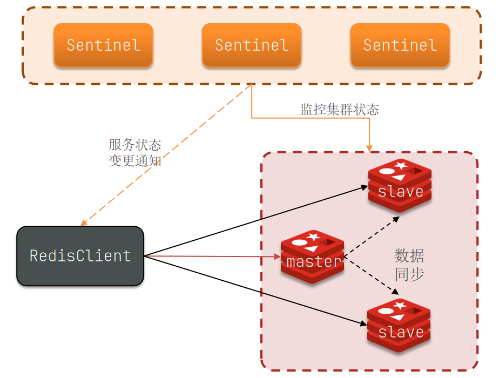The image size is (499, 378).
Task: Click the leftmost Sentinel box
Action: (104, 45)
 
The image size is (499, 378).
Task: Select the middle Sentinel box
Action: (252, 45)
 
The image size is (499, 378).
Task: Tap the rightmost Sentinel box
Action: (400, 45)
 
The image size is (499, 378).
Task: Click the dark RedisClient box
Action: (80, 256)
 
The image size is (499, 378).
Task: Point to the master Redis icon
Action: (313, 256)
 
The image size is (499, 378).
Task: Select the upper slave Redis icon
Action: (400, 185)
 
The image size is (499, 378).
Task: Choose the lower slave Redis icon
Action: (399, 326)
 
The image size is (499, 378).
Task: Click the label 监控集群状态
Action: (340, 110)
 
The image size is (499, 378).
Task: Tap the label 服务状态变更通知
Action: (135, 152)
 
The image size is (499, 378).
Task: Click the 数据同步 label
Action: (409, 265)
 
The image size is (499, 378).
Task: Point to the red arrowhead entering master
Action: (277, 256)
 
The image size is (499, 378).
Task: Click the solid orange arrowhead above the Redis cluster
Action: (369, 148)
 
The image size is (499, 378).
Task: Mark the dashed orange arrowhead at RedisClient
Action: (83, 222)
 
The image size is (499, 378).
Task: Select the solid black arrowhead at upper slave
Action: (365, 187)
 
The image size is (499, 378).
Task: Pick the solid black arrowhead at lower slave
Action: (363, 323)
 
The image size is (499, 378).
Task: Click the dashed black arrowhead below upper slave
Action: (396, 219)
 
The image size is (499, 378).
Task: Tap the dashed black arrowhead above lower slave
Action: (395, 291)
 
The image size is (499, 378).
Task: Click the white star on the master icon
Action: (313, 237)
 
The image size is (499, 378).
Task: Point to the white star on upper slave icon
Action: (401, 165)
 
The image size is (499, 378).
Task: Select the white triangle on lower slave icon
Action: (398, 317)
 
